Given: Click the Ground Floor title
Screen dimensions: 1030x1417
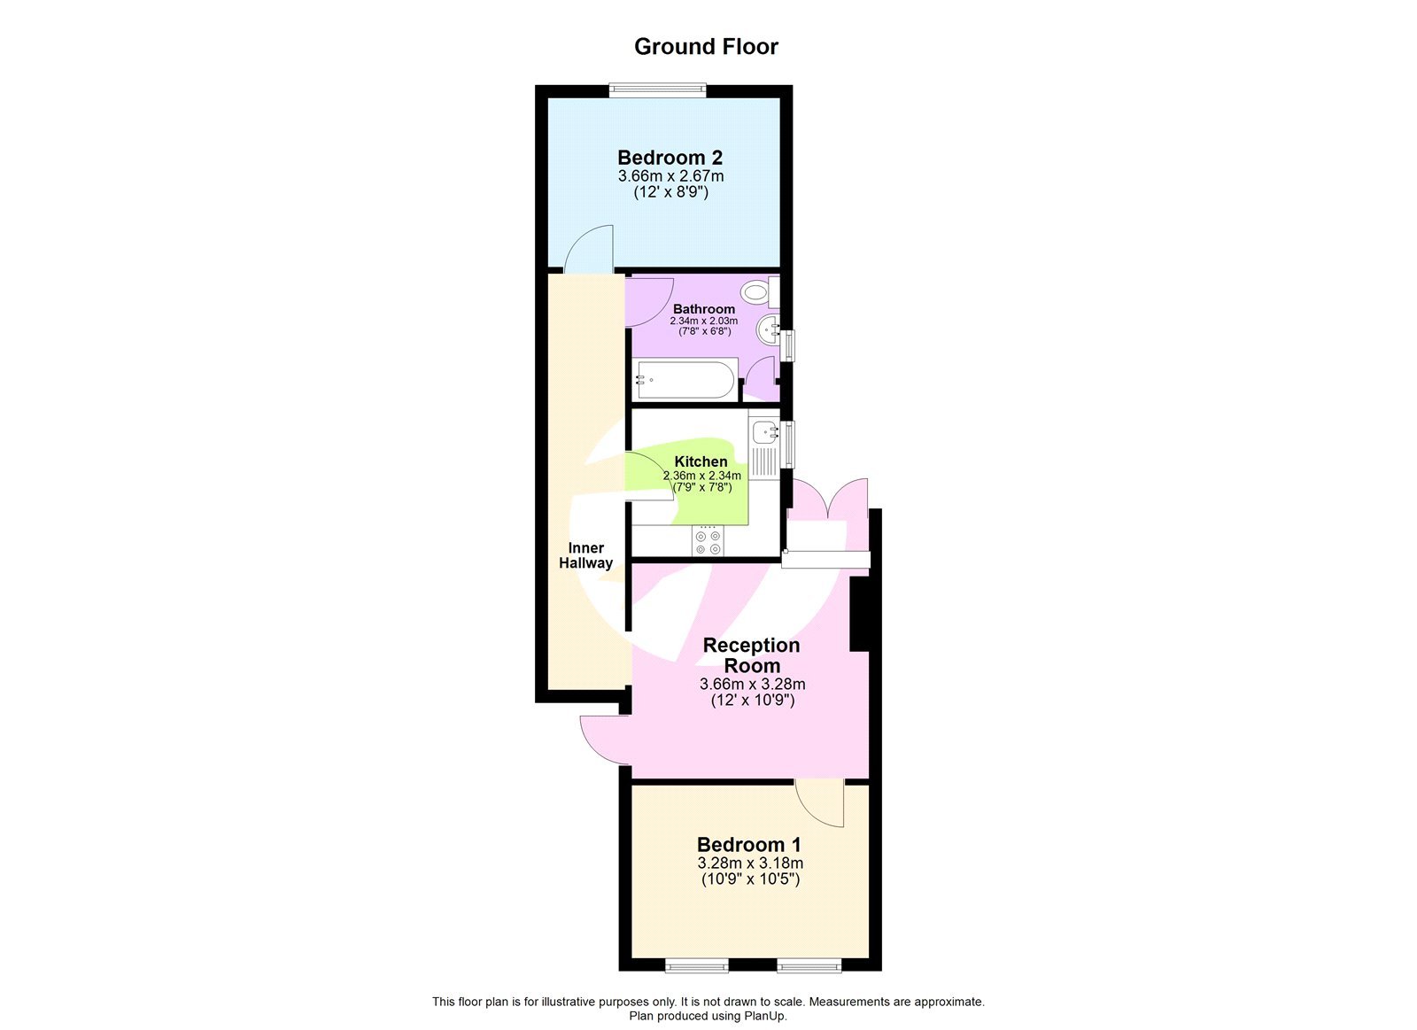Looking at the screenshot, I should tap(706, 47).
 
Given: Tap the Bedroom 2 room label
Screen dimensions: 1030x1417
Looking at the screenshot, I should tap(670, 158).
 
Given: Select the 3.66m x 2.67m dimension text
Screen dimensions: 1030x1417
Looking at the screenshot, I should tap(670, 176).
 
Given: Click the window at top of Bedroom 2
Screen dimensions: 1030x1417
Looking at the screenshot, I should tap(657, 89).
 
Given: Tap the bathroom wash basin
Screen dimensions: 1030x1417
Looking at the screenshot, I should tap(767, 330).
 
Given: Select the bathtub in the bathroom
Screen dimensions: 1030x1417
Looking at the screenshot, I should tap(685, 380).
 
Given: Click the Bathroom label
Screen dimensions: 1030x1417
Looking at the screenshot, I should tap(703, 309).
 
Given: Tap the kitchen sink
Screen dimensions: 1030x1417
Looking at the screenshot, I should tap(763, 433).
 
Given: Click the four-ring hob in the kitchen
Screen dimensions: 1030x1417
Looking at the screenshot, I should tap(708, 542).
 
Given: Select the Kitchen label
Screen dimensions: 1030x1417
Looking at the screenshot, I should tap(701, 461).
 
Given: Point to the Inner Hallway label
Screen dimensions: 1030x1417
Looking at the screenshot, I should tap(585, 555).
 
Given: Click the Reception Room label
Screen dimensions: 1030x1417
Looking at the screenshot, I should tap(751, 655).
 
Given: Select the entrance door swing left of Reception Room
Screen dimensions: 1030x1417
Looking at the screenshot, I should tap(602, 737).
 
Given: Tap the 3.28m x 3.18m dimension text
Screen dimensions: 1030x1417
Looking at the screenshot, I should tap(750, 863).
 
